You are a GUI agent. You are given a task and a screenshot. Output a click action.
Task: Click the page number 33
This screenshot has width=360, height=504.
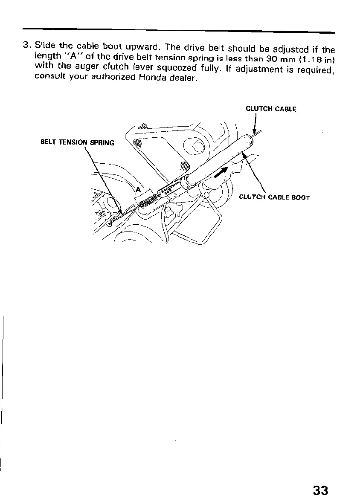pyautogui.click(x=321, y=490)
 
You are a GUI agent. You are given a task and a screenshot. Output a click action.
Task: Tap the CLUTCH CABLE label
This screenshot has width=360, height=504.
pyautogui.click(x=271, y=109)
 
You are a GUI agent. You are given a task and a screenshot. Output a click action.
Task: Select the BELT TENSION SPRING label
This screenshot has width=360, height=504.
pyautogui.click(x=77, y=142)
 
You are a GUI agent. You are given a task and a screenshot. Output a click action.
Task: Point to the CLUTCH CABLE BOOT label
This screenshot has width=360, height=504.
pyautogui.click(x=274, y=197)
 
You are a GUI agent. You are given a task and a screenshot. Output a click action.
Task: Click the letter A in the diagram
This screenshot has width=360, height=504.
pyautogui.click(x=138, y=190)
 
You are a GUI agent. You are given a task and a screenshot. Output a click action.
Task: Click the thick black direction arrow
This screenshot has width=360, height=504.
pyautogui.click(x=222, y=173)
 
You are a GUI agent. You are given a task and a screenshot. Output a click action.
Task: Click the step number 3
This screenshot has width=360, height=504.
pyautogui.click(x=26, y=45)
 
